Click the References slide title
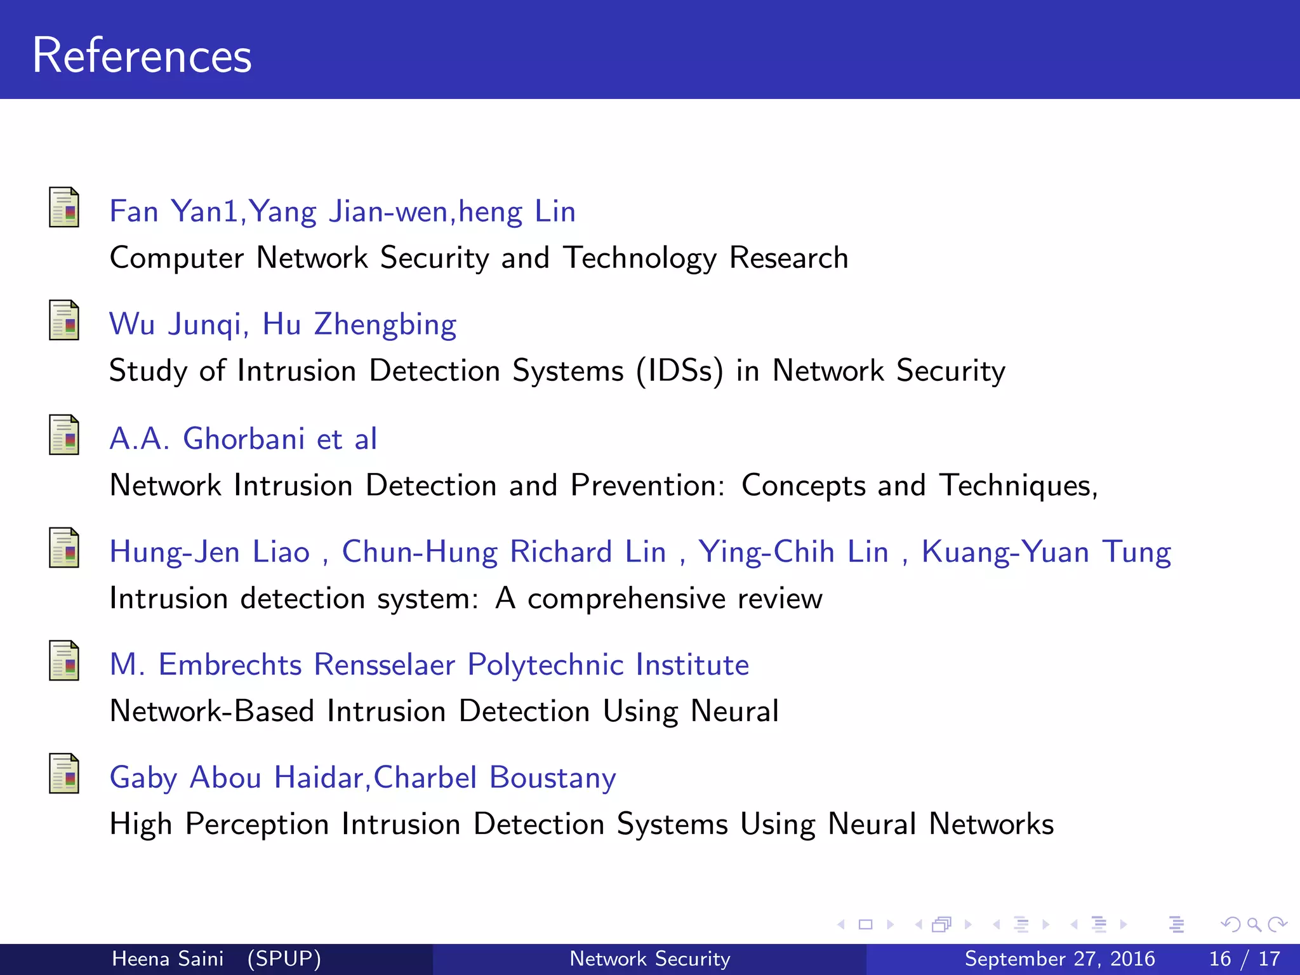[142, 56]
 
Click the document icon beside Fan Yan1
[64, 208]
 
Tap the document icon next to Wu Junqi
[64, 321]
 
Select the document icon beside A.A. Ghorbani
[64, 435]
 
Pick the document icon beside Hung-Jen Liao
[64, 548]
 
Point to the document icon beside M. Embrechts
[64, 661]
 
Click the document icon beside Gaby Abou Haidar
[64, 774]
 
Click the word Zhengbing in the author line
[385, 325]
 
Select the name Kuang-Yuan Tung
[1046, 552]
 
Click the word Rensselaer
[385, 665]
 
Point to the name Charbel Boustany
[495, 778]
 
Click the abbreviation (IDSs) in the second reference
[680, 371]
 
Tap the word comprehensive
[627, 599]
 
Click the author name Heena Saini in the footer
[168, 958]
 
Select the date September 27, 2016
[1059, 958]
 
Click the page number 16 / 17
[1244, 958]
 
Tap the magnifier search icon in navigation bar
[1254, 924]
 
